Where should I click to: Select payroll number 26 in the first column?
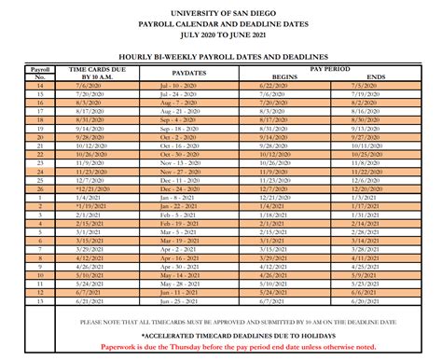39,188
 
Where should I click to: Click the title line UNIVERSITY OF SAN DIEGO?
221,8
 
